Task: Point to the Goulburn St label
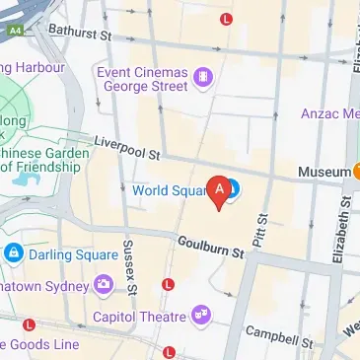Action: click(x=210, y=248)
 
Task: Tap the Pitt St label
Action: click(x=261, y=231)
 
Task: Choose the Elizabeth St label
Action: click(x=345, y=217)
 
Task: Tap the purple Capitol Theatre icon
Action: click(x=202, y=316)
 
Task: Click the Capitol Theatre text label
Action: click(x=139, y=317)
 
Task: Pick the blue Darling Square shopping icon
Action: click(x=13, y=253)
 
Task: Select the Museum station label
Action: click(x=324, y=172)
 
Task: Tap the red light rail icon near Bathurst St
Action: click(x=228, y=18)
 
